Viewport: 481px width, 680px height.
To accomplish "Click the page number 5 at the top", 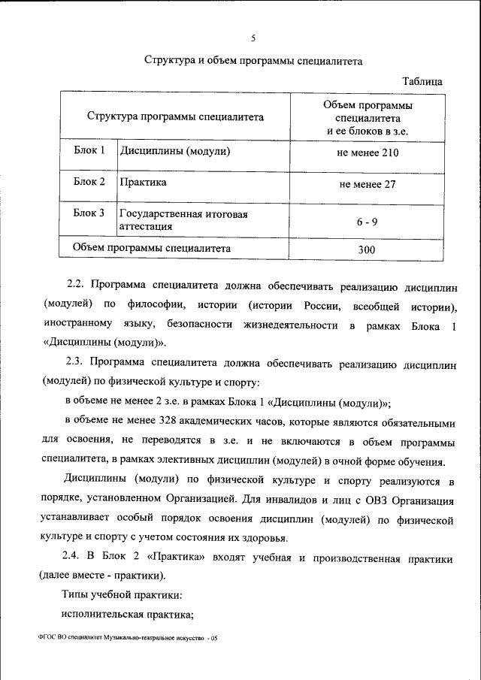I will tap(253, 39).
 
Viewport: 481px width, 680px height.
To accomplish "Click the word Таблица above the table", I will tap(422, 81).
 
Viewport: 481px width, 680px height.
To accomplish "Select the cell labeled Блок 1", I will tap(89, 151).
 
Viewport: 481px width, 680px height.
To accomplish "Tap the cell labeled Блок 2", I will tap(89, 182).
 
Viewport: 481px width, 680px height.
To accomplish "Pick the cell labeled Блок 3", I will tap(89, 213).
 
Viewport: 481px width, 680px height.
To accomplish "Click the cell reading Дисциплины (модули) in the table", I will tap(174, 151).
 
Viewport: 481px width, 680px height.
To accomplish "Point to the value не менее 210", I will tap(368, 153).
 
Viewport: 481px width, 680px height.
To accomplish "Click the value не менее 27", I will tap(368, 184).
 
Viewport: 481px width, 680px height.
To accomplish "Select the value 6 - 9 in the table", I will tap(367, 222).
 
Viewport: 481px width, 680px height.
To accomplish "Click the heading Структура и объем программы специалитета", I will tap(253, 62).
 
